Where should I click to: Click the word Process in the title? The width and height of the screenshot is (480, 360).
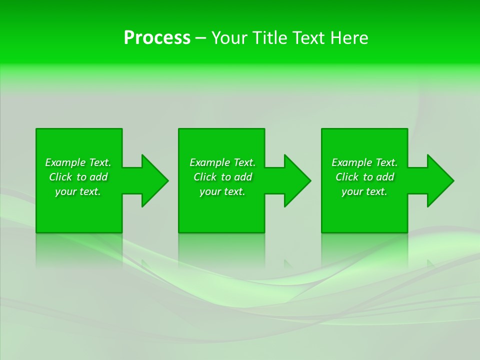tap(157, 38)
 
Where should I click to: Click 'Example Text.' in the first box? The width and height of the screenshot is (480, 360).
tap(78, 162)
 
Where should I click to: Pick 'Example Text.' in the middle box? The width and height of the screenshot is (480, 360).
tap(222, 162)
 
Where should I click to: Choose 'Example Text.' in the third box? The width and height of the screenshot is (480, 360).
tap(364, 162)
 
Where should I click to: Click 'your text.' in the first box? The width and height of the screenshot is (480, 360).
tap(78, 191)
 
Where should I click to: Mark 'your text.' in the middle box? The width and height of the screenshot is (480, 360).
tap(222, 191)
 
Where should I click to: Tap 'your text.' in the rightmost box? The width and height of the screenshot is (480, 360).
tap(364, 191)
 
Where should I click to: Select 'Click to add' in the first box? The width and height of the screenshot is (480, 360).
tap(78, 177)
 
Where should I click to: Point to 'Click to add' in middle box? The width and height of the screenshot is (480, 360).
tap(222, 177)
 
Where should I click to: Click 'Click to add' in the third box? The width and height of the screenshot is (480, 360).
tap(364, 177)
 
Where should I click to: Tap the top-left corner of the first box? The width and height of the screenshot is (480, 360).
tap(37, 129)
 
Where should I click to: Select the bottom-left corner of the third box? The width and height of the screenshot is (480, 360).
tap(322, 232)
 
